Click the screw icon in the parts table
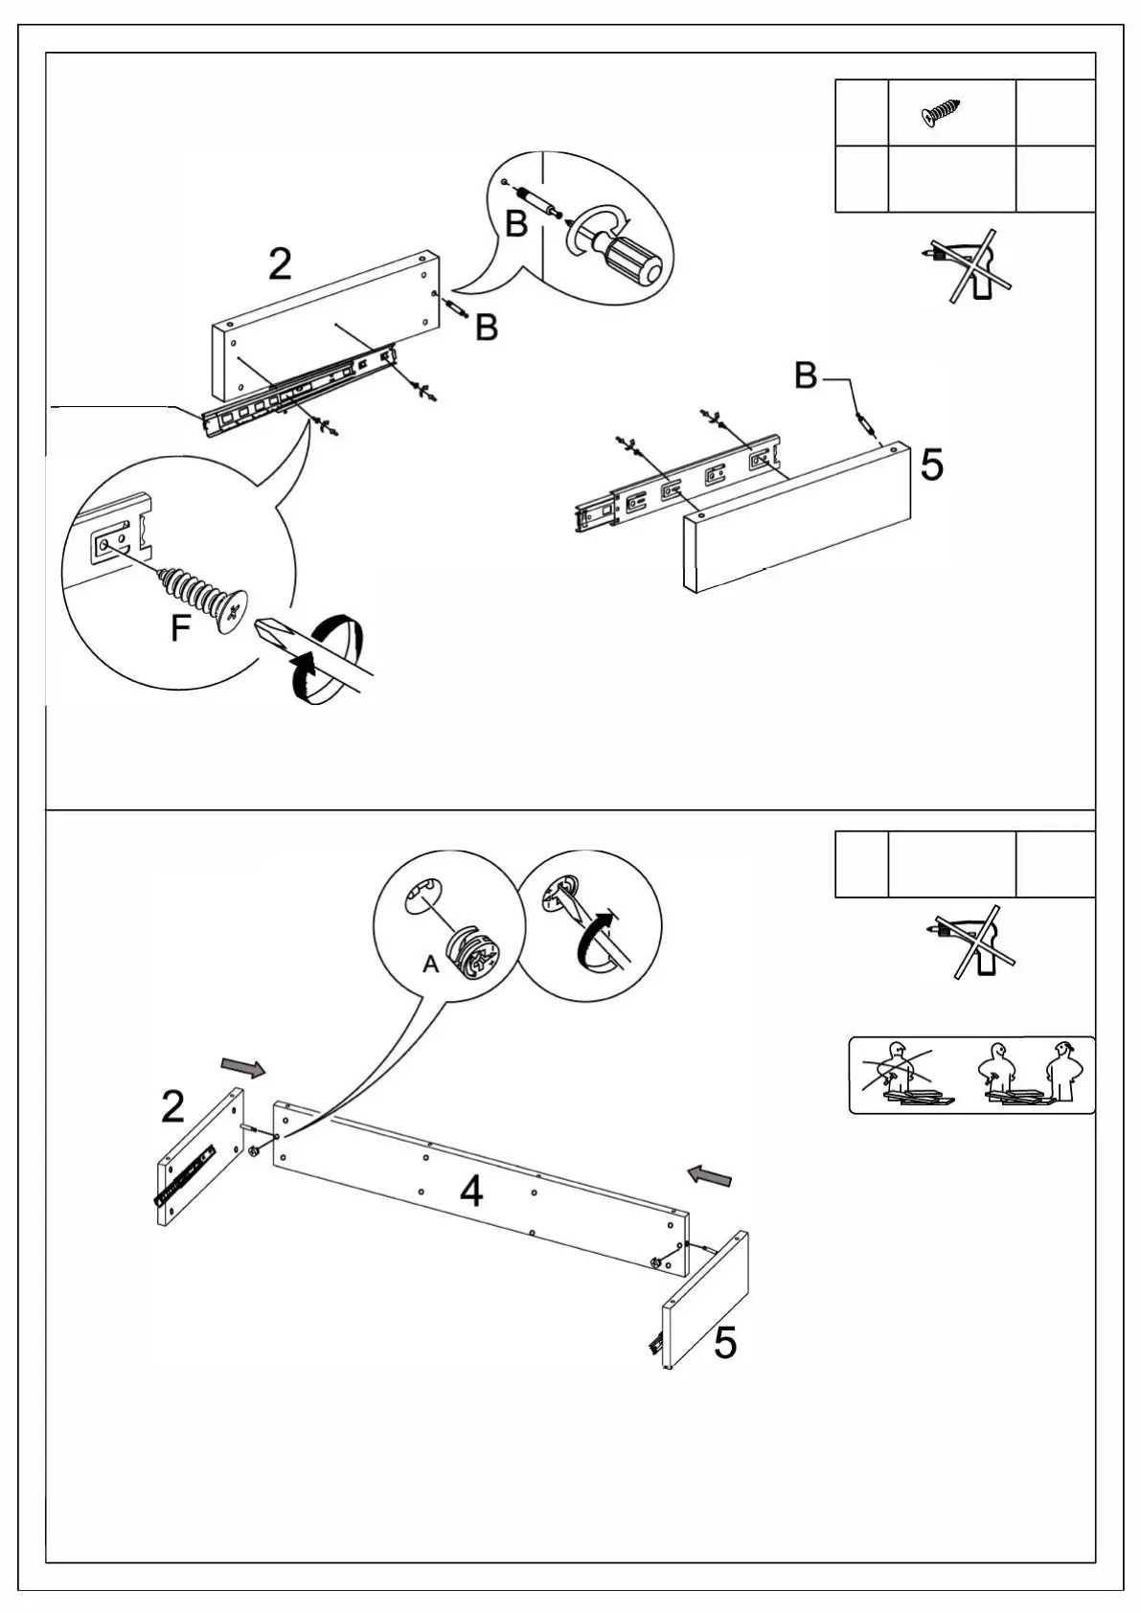[x=941, y=112]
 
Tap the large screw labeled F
[x=206, y=594]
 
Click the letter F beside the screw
[x=180, y=629]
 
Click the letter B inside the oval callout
[x=515, y=224]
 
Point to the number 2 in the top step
[x=280, y=264]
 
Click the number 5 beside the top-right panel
[x=931, y=465]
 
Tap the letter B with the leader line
[x=806, y=376]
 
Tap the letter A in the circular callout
[x=431, y=965]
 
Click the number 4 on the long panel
[x=471, y=1192]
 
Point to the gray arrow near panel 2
[x=243, y=1067]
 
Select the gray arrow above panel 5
[x=710, y=1174]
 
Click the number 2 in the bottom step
[x=172, y=1107]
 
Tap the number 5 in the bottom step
[x=725, y=1343]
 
